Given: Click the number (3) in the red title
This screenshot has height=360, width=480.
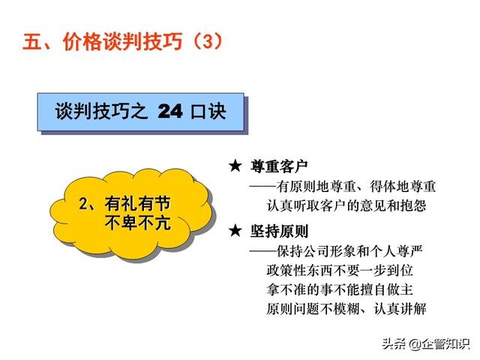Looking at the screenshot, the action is point(208,41).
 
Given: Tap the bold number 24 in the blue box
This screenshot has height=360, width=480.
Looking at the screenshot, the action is point(170,112).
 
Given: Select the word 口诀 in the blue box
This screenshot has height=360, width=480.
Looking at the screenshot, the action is point(208,111).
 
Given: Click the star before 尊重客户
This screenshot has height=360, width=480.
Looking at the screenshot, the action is point(235,166).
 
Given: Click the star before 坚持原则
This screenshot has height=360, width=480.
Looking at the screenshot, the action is point(235,230).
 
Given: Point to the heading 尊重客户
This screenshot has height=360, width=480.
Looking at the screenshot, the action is point(279,166).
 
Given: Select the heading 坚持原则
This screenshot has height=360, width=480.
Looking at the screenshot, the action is point(279,231).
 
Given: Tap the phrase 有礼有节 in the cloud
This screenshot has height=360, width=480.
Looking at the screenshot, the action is point(137,203).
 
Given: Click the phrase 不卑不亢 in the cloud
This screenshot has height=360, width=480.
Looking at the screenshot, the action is point(137,223).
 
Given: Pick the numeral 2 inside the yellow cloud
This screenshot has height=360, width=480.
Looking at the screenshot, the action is point(83,204).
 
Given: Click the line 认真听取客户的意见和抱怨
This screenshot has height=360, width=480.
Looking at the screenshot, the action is point(346,205).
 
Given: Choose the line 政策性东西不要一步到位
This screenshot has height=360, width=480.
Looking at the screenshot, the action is point(340,271).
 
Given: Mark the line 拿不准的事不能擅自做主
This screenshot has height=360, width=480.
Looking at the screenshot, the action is point(340,289).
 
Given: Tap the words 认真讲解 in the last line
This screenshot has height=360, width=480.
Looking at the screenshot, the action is point(400,308).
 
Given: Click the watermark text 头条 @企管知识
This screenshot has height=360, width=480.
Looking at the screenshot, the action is point(426,344).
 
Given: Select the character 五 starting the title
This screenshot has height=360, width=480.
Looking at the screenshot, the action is point(32,41).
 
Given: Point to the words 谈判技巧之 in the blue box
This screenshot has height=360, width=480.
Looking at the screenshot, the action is point(101,111).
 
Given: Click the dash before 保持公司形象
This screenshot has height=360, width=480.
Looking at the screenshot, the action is point(263,252).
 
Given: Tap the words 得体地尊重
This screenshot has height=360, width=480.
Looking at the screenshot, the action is point(403,187).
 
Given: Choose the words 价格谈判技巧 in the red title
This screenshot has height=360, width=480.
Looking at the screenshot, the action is point(122,41).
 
